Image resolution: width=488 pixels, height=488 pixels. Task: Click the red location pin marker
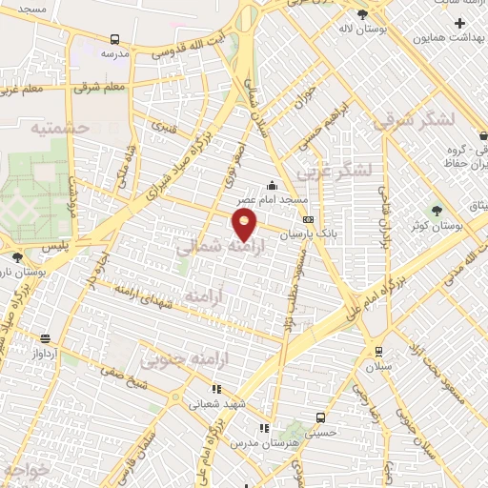245,226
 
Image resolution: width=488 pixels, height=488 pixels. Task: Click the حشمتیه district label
59,127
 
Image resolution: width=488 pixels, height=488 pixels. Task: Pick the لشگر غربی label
334,173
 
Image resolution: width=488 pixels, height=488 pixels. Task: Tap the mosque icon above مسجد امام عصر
274,186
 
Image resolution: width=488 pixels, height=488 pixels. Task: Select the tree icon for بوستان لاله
362,14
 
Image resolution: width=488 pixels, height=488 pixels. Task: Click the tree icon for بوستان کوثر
437,210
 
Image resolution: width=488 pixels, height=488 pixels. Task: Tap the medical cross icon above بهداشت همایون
461,22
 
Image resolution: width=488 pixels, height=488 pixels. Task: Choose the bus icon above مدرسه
115,40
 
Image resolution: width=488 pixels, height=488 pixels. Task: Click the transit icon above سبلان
379,350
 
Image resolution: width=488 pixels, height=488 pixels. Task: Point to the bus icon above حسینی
321,417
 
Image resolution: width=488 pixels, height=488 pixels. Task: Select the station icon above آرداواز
45,338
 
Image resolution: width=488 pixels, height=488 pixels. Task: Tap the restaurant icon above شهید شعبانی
217,389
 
